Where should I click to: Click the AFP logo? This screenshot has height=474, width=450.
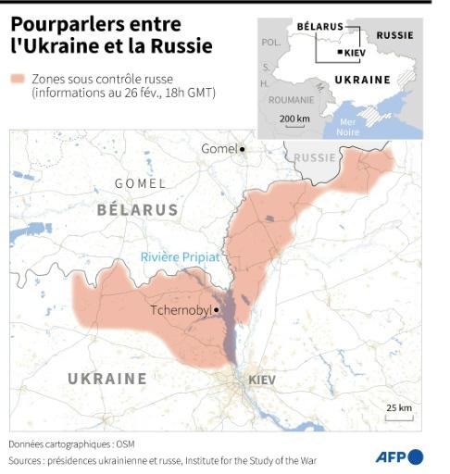tap(399, 456)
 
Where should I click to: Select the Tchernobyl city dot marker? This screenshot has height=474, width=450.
tap(216, 310)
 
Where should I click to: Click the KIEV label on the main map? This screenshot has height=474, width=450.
tap(262, 380)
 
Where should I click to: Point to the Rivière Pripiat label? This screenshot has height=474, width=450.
tap(180, 257)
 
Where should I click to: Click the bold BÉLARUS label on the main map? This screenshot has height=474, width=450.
tap(137, 210)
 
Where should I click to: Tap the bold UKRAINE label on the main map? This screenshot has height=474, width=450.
tap(107, 379)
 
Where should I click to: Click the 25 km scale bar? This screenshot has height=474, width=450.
tap(399, 417)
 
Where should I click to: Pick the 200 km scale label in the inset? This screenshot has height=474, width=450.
tap(294, 118)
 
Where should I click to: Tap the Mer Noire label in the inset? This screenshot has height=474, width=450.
tap(349, 127)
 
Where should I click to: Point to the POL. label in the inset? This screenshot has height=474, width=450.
tap(271, 43)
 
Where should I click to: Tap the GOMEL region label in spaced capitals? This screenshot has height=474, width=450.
tap(140, 183)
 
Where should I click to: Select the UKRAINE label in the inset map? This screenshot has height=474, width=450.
tap(361, 80)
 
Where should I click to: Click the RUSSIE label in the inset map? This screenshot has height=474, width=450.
tap(395, 35)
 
